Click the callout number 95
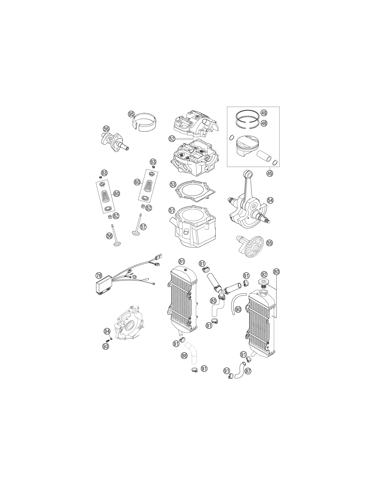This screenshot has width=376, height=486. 131,114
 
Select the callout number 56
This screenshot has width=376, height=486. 106,129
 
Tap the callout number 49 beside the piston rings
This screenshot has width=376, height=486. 264,113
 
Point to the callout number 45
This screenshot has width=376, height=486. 270,173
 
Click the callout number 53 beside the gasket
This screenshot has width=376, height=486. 173,185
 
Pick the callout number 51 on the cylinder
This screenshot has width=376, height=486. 172,210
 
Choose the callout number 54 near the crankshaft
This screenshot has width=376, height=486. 270,200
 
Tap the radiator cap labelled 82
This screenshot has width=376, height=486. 263,282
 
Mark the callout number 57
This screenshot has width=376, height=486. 143,227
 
